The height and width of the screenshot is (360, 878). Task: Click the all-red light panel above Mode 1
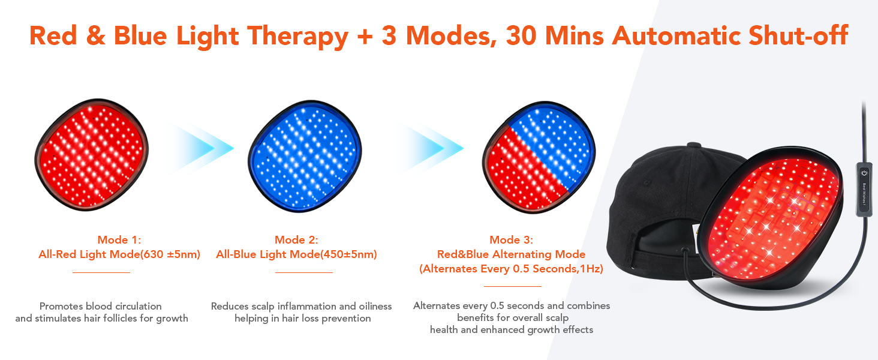click(92, 155)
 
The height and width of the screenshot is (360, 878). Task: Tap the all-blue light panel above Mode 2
click(305, 156)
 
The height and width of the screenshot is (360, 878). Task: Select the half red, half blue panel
click(539, 157)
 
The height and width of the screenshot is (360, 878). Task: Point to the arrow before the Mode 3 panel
click(431, 148)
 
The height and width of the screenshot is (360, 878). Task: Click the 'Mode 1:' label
click(119, 239)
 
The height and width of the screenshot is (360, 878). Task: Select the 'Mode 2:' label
click(296, 239)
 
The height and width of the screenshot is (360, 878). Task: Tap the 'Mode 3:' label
click(511, 239)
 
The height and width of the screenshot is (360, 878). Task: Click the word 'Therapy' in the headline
click(297, 37)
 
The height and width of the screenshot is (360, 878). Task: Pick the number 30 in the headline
click(521, 35)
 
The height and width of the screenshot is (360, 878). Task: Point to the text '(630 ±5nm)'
click(170, 254)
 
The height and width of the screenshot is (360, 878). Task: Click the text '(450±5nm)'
click(348, 254)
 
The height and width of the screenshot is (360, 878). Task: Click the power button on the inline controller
click(864, 173)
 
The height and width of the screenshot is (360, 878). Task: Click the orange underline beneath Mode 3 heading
click(512, 286)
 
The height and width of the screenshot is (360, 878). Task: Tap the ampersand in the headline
click(95, 35)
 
